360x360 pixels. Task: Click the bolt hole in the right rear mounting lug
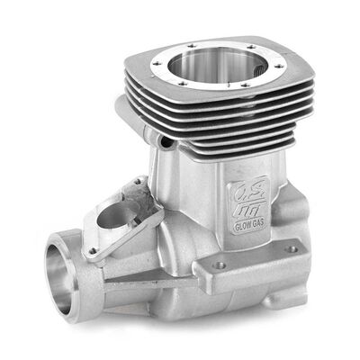(x=291, y=248)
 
